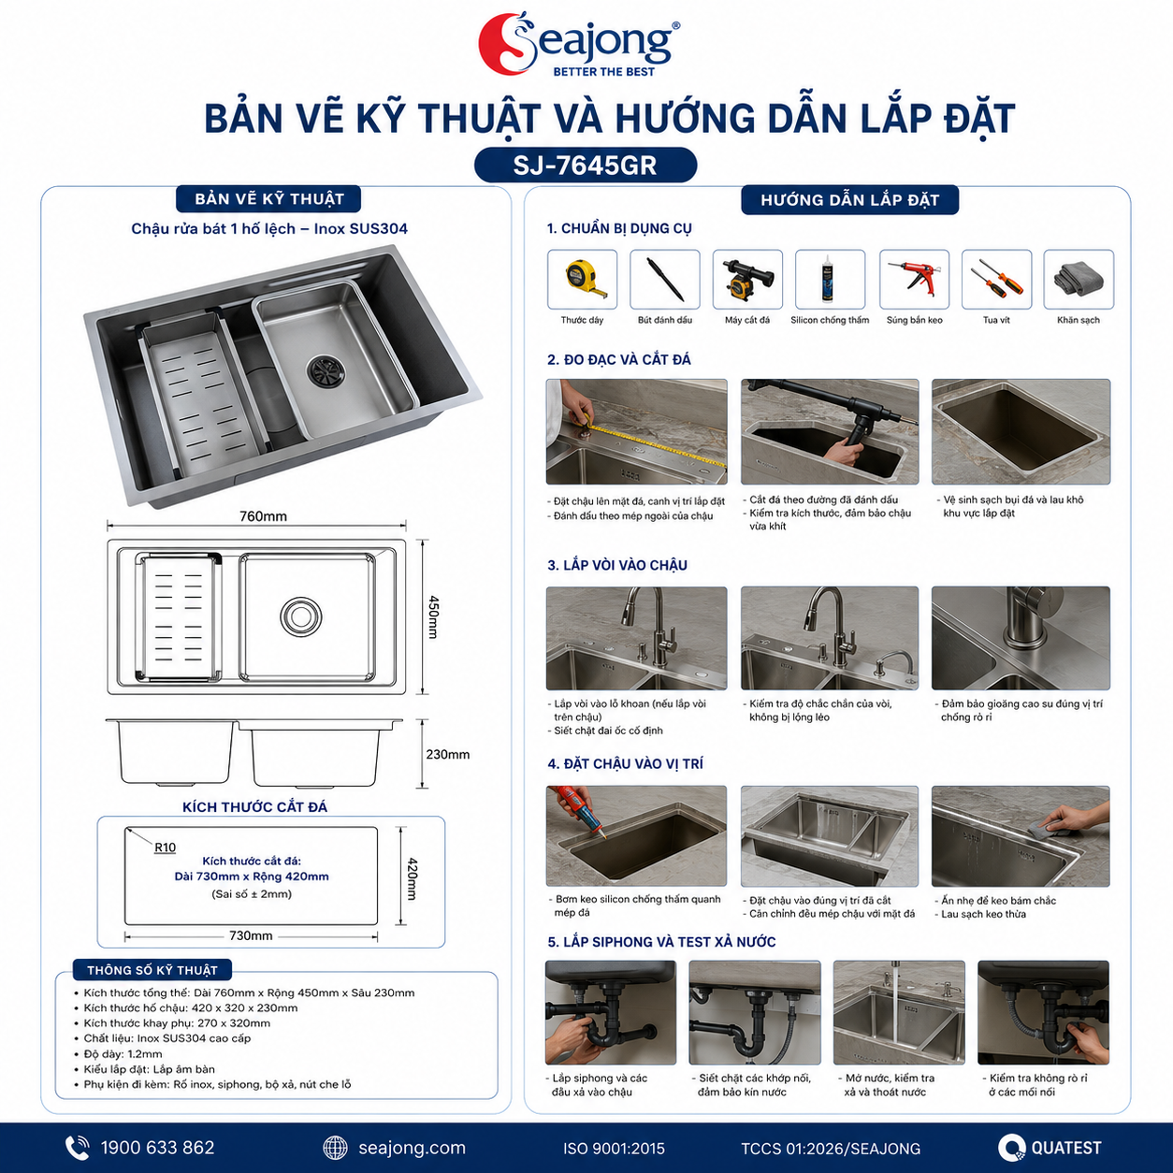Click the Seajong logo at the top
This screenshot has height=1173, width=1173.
pyautogui.click(x=579, y=45)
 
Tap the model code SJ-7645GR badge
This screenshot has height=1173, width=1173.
pyautogui.click(x=586, y=165)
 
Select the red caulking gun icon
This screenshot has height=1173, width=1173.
pyautogui.click(x=914, y=278)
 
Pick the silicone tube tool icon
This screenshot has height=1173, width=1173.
pyautogui.click(x=830, y=278)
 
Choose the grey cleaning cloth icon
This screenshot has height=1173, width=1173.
pyautogui.click(x=1079, y=280)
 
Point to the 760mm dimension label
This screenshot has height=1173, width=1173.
pyautogui.click(x=263, y=516)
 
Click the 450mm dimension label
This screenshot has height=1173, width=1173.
pyautogui.click(x=433, y=616)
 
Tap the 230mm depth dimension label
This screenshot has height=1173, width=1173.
pyautogui.click(x=447, y=754)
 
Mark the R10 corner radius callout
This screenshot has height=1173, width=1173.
pyautogui.click(x=165, y=847)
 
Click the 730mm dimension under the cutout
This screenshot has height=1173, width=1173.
pyautogui.click(x=251, y=935)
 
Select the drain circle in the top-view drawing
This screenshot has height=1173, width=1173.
pyautogui.click(x=300, y=616)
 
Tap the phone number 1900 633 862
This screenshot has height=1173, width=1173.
pyautogui.click(x=158, y=1148)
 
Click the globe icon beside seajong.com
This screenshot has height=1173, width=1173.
pyautogui.click(x=335, y=1148)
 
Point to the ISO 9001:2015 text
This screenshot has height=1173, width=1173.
pyautogui.click(x=614, y=1149)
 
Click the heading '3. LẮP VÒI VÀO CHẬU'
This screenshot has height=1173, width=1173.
pyautogui.click(x=617, y=565)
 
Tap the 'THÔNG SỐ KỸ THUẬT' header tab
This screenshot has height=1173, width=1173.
pyautogui.click(x=152, y=970)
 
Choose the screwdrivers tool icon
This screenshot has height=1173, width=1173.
pyautogui.click(x=996, y=279)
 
